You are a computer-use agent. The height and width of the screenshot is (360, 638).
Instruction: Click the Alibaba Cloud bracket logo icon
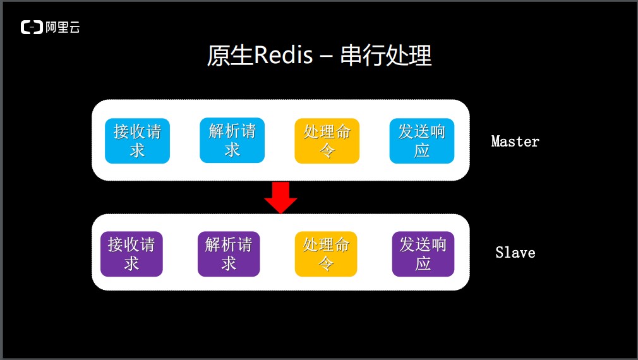pyautogui.click(x=31, y=27)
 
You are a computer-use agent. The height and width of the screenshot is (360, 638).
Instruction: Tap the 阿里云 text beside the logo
pyautogui.click(x=63, y=27)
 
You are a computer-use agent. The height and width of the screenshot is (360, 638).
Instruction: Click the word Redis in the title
pyautogui.click(x=282, y=56)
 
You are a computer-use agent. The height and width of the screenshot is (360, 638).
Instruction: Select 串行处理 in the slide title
pyautogui.click(x=386, y=56)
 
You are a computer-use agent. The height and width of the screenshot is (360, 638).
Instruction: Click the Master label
pyautogui.click(x=515, y=141)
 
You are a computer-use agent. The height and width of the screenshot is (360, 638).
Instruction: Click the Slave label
pyautogui.click(x=515, y=253)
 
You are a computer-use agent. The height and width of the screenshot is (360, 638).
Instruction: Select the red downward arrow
pyautogui.click(x=280, y=198)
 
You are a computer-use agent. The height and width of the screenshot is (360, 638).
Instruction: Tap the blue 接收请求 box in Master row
pyautogui.click(x=137, y=140)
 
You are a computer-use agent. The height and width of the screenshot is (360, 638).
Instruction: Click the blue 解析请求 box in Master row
pyautogui.click(x=232, y=140)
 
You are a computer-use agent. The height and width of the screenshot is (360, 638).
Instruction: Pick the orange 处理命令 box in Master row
pyautogui.click(x=327, y=140)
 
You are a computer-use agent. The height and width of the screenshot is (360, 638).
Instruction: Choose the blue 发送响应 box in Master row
pyautogui.click(x=422, y=140)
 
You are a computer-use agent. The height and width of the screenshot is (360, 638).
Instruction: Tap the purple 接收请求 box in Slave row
pyautogui.click(x=131, y=254)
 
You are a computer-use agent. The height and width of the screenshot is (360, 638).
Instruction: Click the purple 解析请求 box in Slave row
pyautogui.click(x=229, y=254)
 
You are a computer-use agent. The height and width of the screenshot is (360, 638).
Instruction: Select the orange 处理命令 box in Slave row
pyautogui.click(x=326, y=254)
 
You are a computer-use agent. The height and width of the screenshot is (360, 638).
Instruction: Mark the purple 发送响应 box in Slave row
pyautogui.click(x=423, y=254)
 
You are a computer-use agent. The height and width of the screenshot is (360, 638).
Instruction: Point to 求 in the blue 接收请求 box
pyautogui.click(x=137, y=150)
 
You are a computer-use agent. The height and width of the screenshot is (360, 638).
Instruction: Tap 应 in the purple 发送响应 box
pyautogui.click(x=423, y=263)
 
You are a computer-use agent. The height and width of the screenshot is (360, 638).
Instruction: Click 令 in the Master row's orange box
pyautogui.click(x=327, y=150)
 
